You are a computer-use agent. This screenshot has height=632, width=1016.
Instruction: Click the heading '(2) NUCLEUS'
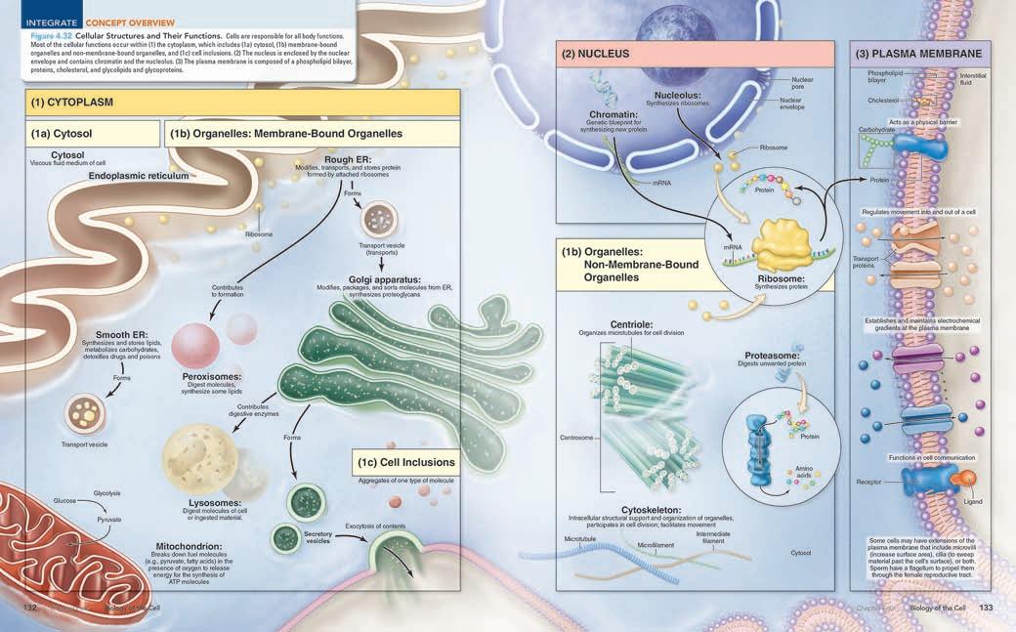(595, 54)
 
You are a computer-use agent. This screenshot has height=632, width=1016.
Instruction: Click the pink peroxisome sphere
(195, 345)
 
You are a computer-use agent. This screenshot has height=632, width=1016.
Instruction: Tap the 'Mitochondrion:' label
(189, 546)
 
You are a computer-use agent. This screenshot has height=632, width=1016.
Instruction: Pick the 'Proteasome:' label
(771, 357)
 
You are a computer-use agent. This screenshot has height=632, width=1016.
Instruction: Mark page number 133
(986, 608)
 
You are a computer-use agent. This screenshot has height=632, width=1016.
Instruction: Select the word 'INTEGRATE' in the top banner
(49, 21)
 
